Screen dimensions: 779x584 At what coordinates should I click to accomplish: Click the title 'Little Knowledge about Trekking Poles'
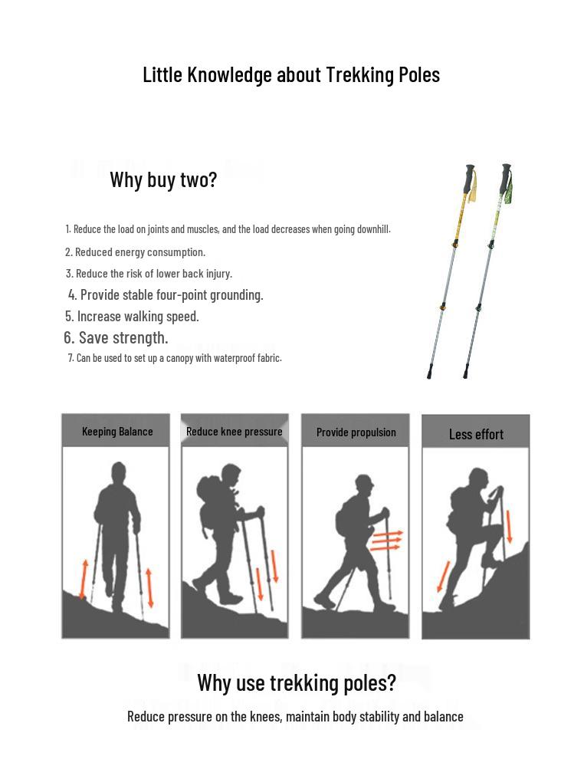[x=291, y=74]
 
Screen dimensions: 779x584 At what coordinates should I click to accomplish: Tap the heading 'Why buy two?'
[x=163, y=179]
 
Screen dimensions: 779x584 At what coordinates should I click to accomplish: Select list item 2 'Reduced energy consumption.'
[x=135, y=252]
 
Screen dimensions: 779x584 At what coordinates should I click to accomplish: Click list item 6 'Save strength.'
[x=116, y=337]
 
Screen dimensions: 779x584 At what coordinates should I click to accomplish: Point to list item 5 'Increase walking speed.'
[x=132, y=316]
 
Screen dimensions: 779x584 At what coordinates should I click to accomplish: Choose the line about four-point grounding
[x=166, y=294]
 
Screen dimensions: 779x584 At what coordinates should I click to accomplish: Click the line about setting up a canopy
[x=175, y=358]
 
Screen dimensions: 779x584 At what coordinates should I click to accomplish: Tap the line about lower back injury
[x=149, y=274]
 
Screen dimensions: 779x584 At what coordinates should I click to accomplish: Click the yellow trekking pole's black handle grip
[x=469, y=179]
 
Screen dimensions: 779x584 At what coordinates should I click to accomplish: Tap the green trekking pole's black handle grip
[x=506, y=179]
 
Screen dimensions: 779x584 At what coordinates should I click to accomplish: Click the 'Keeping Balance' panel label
[x=117, y=432]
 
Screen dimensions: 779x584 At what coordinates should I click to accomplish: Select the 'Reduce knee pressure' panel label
[x=235, y=432]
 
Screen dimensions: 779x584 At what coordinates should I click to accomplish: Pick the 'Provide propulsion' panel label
[x=356, y=432]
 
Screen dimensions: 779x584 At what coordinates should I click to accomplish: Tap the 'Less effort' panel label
[x=476, y=435]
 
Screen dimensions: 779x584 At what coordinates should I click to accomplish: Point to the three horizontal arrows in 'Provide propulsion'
[x=386, y=541]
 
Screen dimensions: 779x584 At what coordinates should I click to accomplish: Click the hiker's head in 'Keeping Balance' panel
[x=118, y=471]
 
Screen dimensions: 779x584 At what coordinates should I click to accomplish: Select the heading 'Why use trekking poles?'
[x=297, y=682]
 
